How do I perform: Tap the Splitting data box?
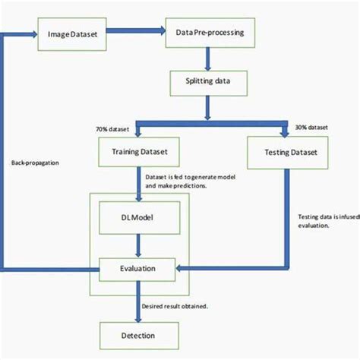[x=208, y=81]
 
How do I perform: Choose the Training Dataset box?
[x=140, y=153]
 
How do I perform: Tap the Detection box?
[x=140, y=335]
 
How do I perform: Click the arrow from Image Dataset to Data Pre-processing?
[x=137, y=33]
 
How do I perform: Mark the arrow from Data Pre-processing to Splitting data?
[x=208, y=59]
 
